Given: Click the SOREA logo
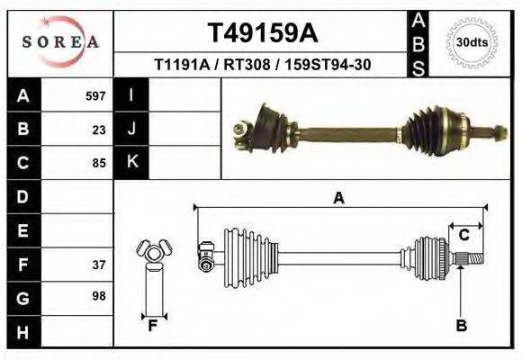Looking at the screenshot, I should (60, 41).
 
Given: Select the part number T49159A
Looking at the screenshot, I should (262, 33).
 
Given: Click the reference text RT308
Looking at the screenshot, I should (262, 66).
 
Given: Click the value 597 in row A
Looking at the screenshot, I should (95, 95).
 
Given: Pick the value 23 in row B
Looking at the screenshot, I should (99, 129).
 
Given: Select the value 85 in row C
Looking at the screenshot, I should (99, 163).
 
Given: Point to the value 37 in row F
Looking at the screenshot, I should (99, 265).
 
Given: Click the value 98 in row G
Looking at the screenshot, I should (99, 296).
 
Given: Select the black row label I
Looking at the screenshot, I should (131, 95).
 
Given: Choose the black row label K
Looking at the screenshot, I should (131, 163).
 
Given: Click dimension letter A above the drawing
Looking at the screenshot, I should (338, 198).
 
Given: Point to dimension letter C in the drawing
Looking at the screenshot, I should (464, 236).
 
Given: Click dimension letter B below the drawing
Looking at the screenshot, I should (461, 326).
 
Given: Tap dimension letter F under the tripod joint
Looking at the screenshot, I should (153, 326).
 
